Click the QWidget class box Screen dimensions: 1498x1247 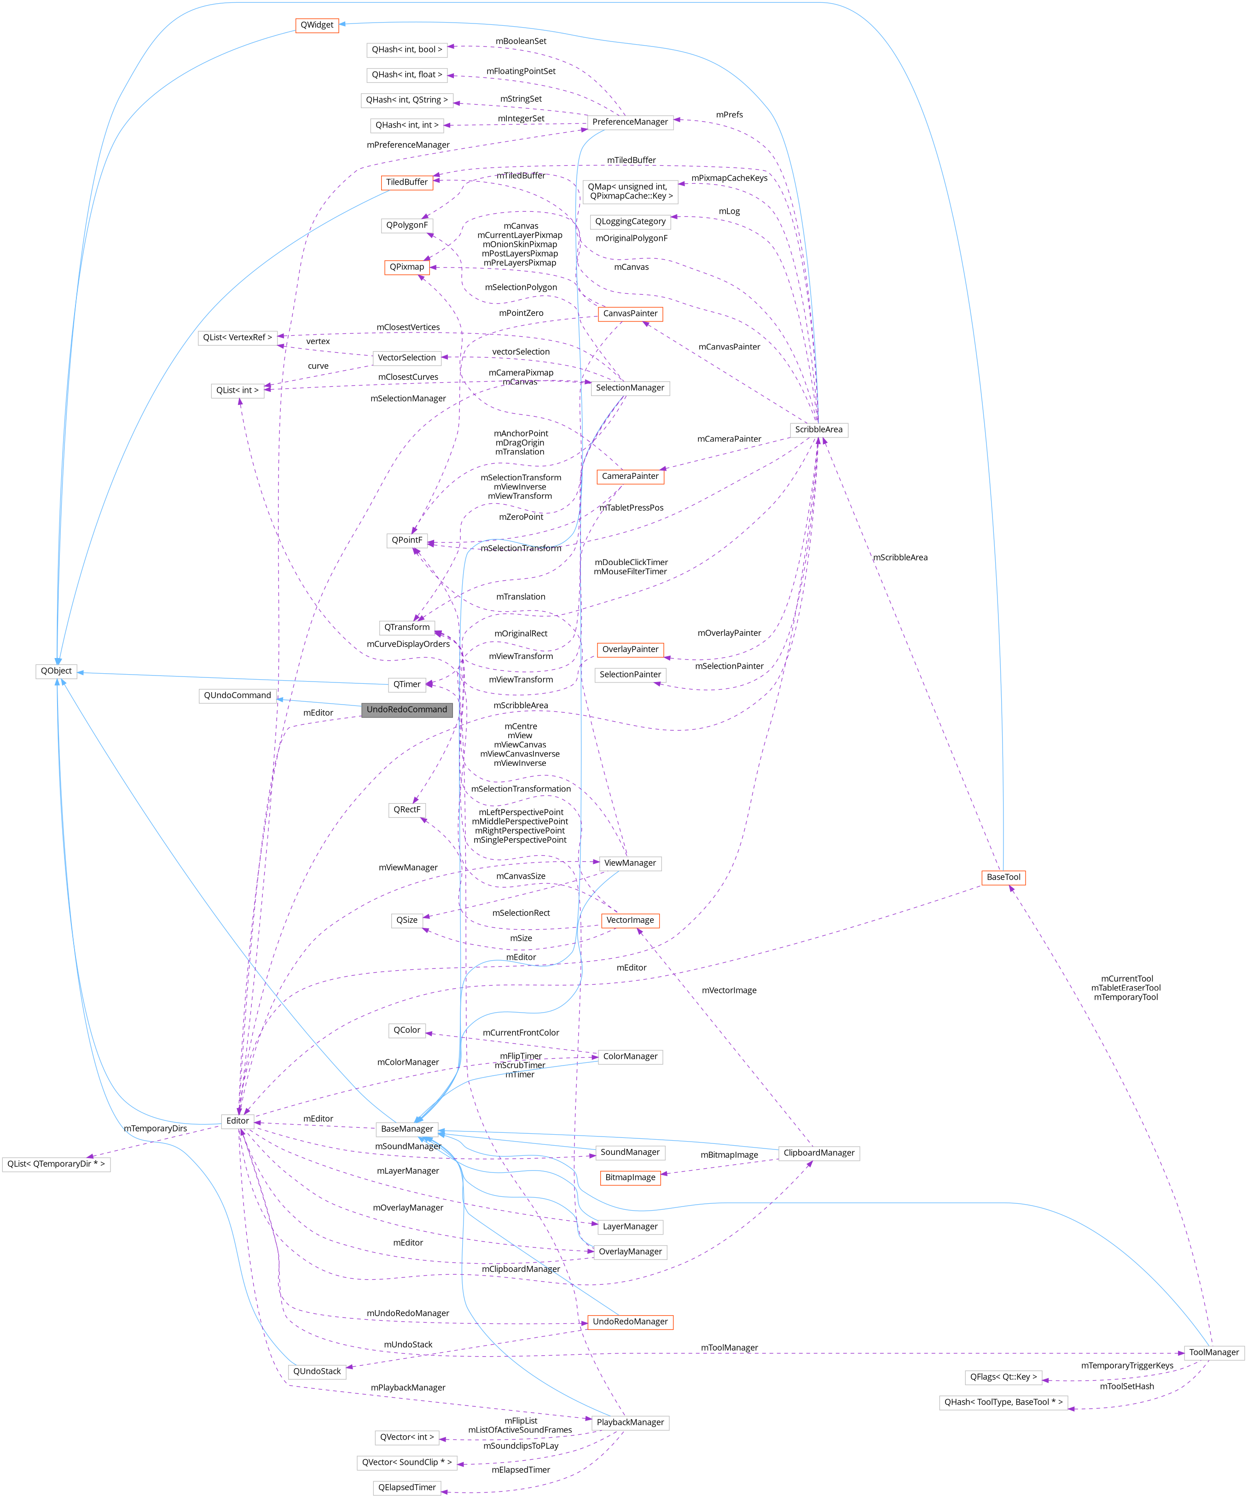tap(317, 25)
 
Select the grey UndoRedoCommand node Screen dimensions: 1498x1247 tap(406, 710)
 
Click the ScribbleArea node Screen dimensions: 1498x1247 tap(818, 430)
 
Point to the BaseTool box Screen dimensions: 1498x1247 tap(1003, 877)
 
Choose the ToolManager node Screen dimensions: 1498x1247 tap(1214, 1352)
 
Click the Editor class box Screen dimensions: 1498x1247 tap(238, 1121)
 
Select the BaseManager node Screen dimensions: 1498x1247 tap(406, 1129)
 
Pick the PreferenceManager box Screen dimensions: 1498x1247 tap(630, 122)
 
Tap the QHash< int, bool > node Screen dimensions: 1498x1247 tap(406, 50)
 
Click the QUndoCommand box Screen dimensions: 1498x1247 tap(238, 695)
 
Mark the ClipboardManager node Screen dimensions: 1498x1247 tap(818, 1153)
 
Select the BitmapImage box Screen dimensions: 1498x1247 tap(630, 1177)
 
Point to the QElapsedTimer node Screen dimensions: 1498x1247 tap(406, 1487)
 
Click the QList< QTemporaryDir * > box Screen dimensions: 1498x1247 tap(56, 1164)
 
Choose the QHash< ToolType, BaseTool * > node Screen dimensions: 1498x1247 tap(1003, 1402)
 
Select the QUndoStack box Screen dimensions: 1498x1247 tap(317, 1371)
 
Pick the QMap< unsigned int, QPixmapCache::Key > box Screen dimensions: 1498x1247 tap(630, 191)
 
